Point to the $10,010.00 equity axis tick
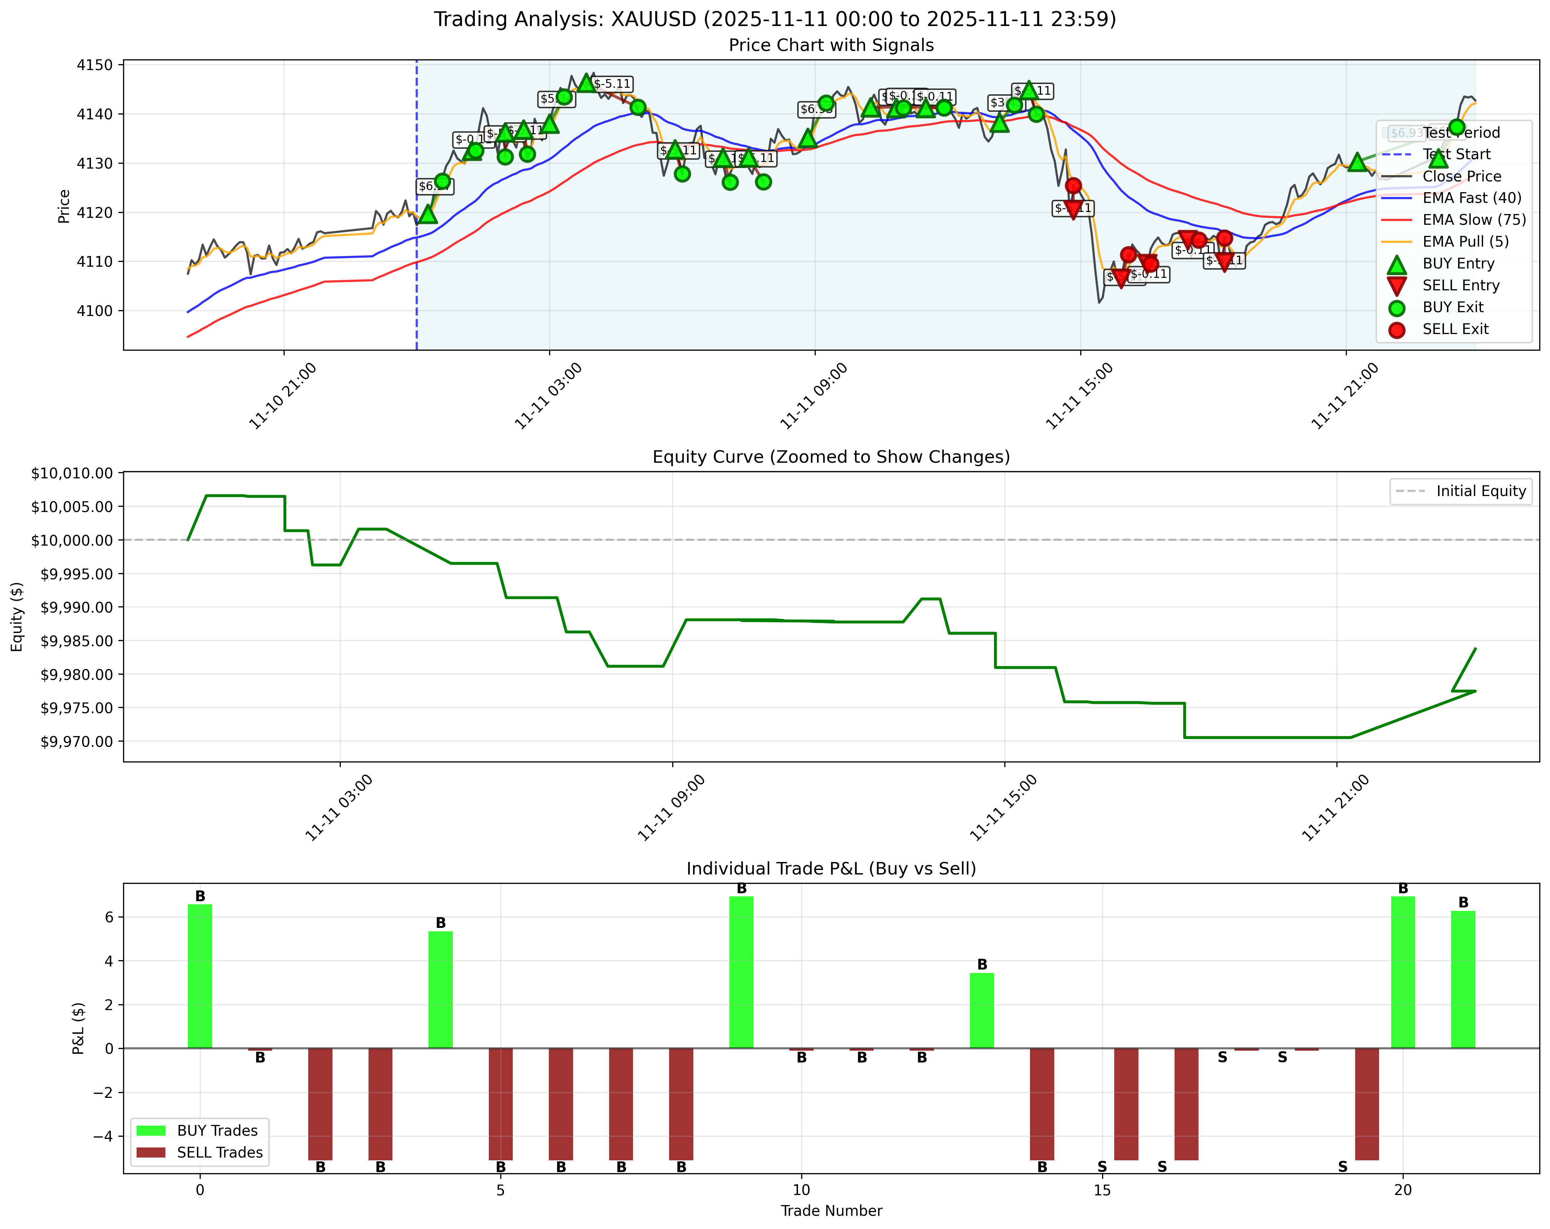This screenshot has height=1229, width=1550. (72, 473)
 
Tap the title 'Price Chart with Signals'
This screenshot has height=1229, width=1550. (831, 45)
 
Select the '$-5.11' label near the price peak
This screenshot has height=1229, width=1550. (613, 84)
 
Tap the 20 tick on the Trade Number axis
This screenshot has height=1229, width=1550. (1403, 1190)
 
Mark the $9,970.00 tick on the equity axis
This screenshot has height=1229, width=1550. (72, 741)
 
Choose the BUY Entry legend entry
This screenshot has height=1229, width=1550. (1458, 264)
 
